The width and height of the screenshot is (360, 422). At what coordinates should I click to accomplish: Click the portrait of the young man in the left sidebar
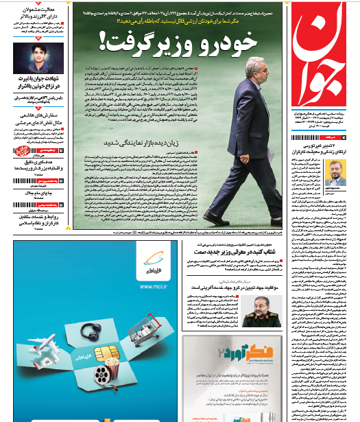(x=36, y=58)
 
